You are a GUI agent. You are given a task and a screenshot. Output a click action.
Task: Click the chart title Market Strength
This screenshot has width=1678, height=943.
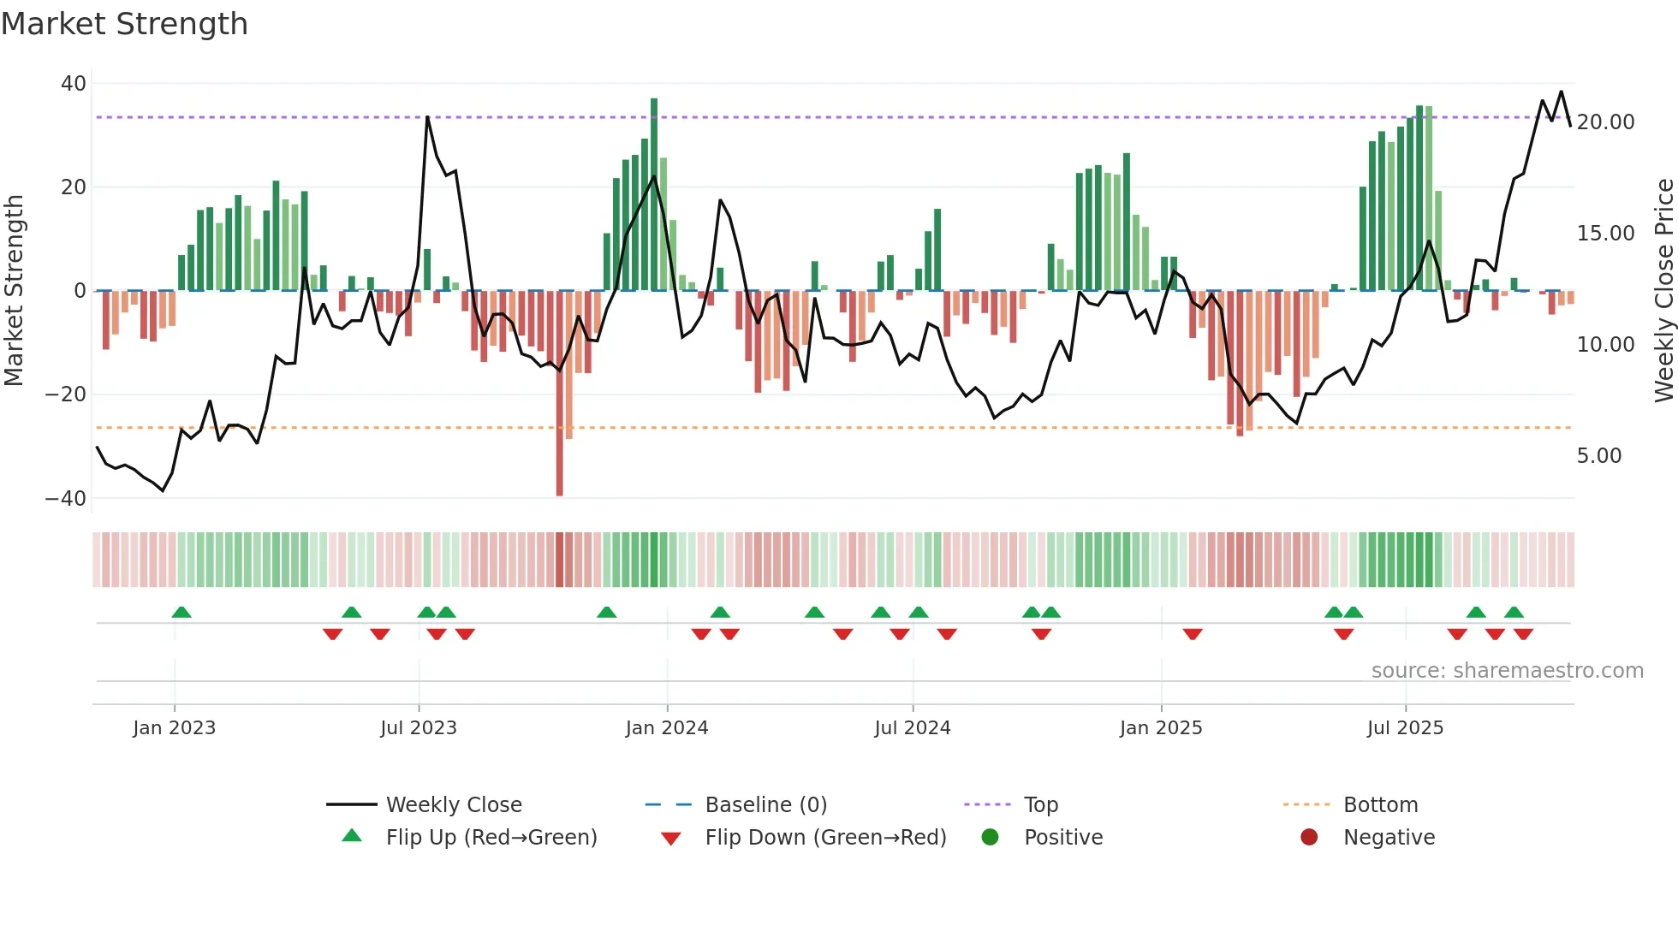(x=124, y=24)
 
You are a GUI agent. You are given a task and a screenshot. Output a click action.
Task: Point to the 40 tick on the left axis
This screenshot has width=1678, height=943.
(x=74, y=84)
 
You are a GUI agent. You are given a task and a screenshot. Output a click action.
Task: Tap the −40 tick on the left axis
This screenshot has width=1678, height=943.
(x=66, y=498)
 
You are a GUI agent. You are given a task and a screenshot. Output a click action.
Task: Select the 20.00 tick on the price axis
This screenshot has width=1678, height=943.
(x=1605, y=122)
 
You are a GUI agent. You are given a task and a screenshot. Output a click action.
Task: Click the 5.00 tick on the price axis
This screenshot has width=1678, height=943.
(x=1598, y=456)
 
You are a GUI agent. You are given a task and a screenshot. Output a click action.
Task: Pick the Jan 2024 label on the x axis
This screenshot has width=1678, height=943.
(x=667, y=728)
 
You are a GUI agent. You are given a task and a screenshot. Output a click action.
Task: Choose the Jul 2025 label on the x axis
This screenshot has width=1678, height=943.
(x=1405, y=728)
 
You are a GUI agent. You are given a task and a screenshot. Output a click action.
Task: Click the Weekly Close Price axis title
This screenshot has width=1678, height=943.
(x=1663, y=291)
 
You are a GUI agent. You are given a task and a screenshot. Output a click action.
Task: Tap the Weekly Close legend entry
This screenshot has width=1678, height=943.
(x=453, y=805)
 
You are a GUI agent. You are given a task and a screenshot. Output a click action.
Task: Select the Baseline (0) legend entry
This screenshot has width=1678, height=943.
(x=765, y=805)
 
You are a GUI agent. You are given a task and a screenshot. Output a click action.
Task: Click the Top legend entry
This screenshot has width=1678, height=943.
(x=1040, y=805)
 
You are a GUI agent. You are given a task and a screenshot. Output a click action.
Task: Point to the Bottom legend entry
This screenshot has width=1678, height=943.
(x=1380, y=805)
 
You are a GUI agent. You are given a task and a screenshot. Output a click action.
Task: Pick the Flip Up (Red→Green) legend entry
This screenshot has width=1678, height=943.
(x=491, y=838)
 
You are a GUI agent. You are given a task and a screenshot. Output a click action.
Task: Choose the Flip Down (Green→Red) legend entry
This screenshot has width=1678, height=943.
(x=825, y=838)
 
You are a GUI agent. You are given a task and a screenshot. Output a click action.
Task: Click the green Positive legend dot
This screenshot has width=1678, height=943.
(x=990, y=837)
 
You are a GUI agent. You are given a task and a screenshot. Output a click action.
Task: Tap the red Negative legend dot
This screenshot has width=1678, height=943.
(x=1309, y=837)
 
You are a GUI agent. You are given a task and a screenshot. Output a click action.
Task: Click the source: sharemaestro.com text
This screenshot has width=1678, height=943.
(x=1507, y=671)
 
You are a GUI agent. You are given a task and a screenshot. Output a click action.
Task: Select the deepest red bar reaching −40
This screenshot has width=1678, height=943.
(x=560, y=394)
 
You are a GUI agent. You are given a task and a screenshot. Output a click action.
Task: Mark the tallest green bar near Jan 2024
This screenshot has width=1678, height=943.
(x=654, y=194)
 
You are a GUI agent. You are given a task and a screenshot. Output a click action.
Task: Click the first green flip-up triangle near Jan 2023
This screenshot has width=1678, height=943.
(x=181, y=612)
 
